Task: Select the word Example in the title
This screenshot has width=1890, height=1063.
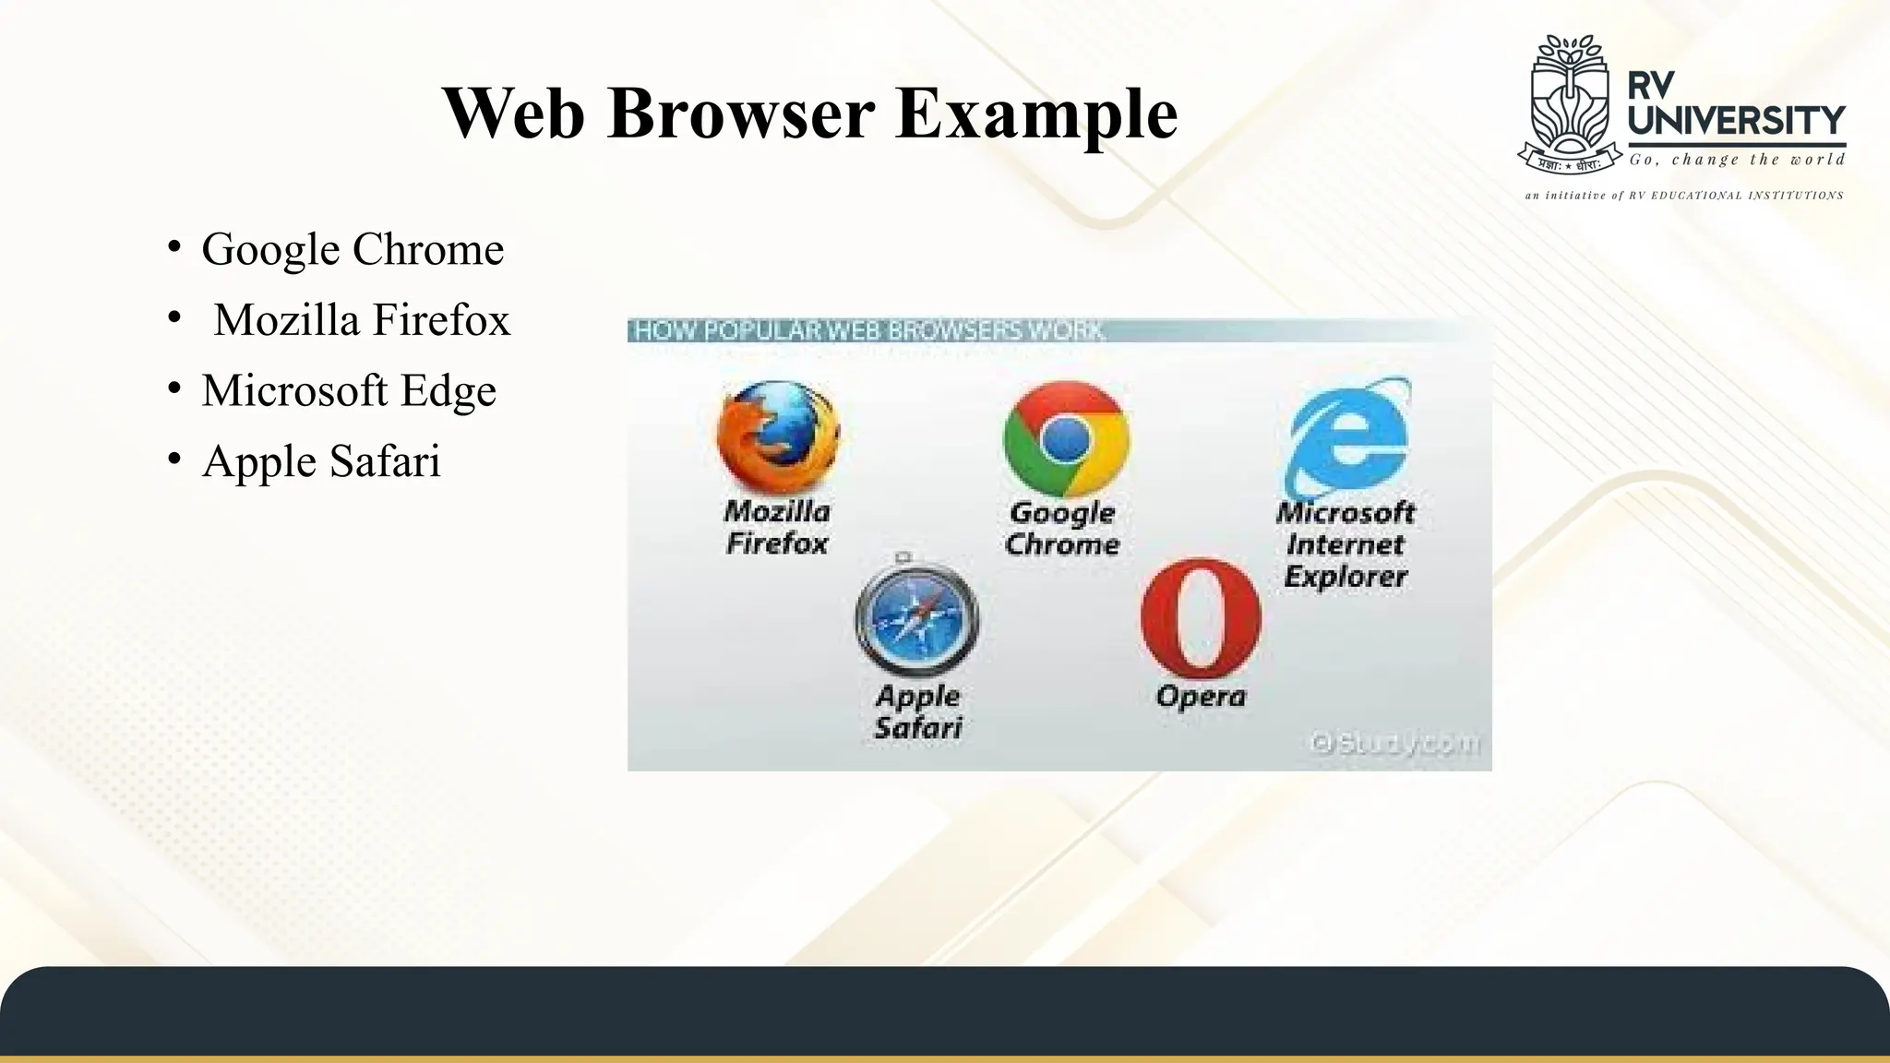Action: [1036, 113]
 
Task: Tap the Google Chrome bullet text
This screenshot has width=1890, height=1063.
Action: [353, 249]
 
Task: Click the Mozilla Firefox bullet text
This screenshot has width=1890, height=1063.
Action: [362, 320]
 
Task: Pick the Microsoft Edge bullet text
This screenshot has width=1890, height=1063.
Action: [349, 390]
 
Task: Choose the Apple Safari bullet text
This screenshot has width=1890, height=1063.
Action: [321, 461]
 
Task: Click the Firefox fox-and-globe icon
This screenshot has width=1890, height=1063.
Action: [778, 437]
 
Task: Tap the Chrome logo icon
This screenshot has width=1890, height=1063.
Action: [1066, 439]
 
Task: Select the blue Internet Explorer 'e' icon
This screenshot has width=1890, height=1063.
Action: [1348, 436]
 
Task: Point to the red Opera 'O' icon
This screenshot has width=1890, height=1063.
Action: [1200, 618]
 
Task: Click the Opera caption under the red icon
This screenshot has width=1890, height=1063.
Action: [1201, 696]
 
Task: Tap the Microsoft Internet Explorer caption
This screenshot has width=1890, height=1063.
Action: [1346, 544]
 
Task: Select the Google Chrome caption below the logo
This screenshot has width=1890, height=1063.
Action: [1062, 529]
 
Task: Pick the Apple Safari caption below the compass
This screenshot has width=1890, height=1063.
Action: [918, 712]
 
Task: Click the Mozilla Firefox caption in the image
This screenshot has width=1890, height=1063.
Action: [777, 527]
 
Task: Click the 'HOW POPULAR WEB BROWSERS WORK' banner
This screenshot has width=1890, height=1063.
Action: [867, 330]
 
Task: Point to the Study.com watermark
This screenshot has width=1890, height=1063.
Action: [1395, 743]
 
